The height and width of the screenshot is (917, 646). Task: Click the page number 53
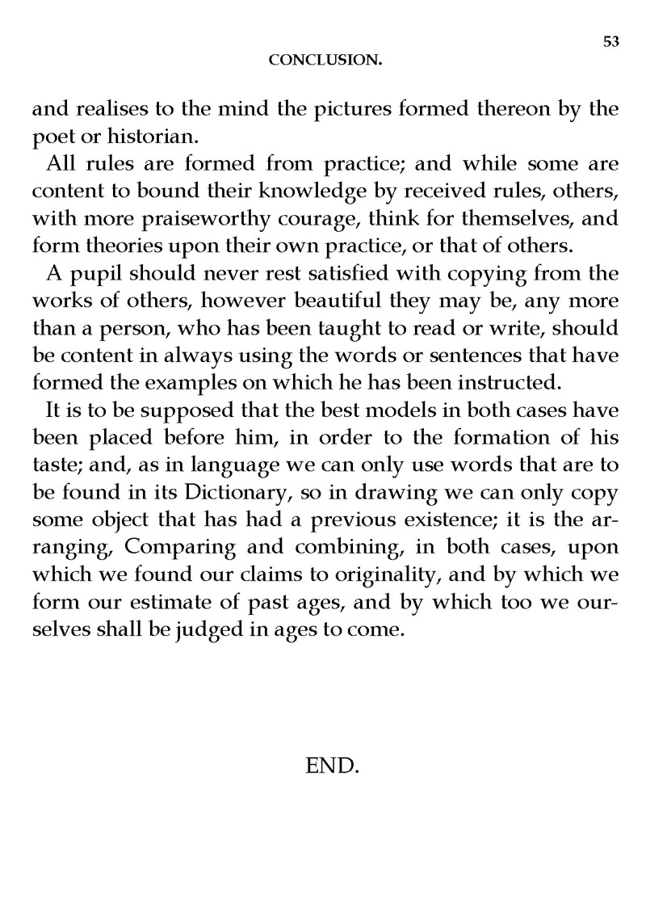tap(610, 43)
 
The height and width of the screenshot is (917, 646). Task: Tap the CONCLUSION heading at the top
tap(325, 60)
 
